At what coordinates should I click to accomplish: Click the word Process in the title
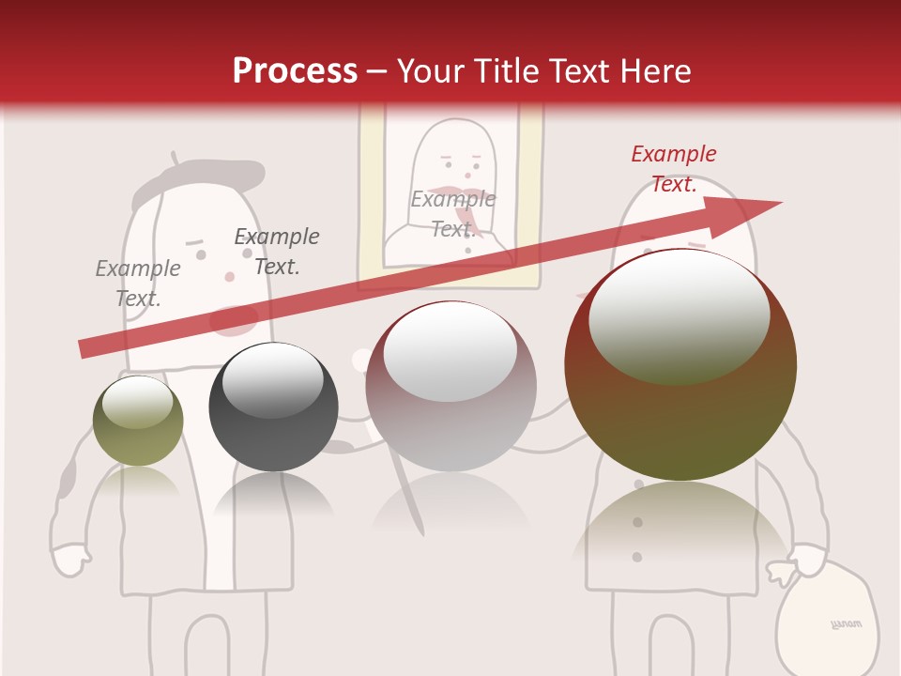(295, 71)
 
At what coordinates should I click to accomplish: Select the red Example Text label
(674, 169)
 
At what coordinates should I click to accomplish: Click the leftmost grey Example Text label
(138, 284)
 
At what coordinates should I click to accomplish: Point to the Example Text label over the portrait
(453, 214)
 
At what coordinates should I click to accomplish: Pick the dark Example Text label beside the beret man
(277, 252)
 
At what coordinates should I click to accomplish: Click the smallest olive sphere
(138, 421)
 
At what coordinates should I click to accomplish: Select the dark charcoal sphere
(273, 407)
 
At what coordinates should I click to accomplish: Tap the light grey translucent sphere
(450, 387)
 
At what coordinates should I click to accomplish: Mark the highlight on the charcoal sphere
(272, 379)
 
